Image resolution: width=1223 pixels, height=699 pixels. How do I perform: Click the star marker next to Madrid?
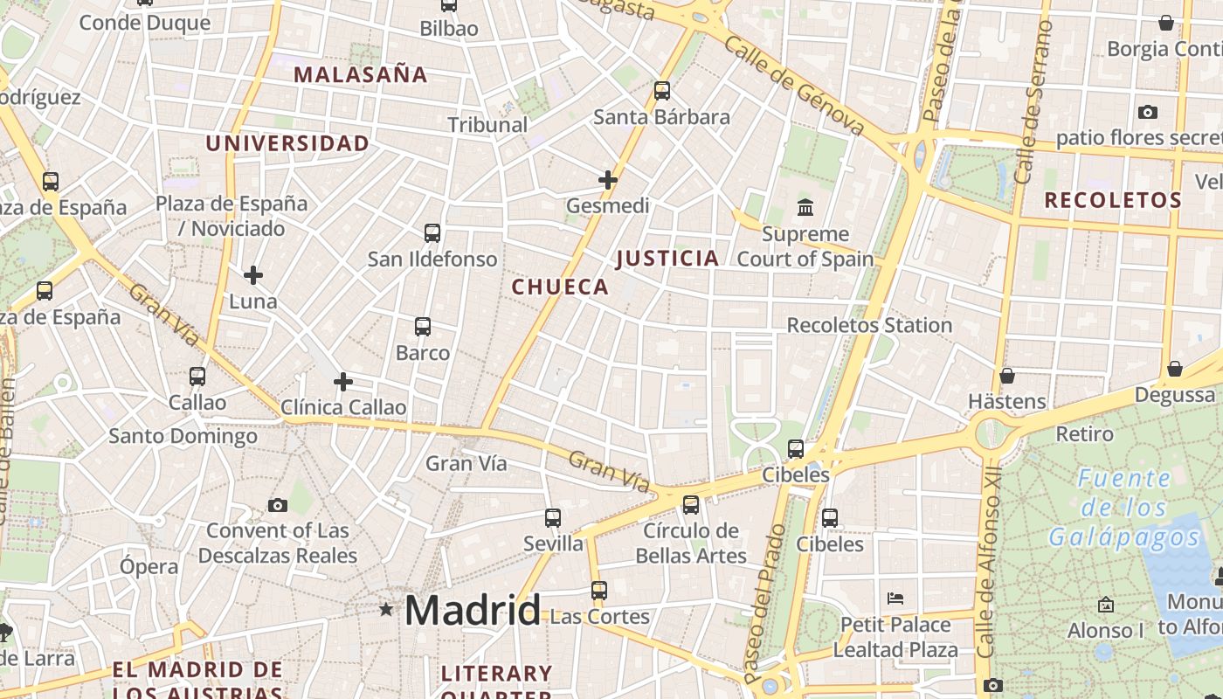pyautogui.click(x=385, y=609)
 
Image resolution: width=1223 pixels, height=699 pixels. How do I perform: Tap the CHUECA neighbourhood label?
pyautogui.click(x=560, y=287)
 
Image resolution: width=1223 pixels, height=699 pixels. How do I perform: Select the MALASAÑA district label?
pyautogui.click(x=361, y=74)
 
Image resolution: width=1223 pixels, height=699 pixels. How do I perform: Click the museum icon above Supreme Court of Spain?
pyautogui.click(x=805, y=208)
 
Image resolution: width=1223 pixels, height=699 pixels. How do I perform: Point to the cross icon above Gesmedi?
pyautogui.click(x=608, y=180)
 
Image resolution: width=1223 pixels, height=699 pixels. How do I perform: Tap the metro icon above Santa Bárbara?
pyautogui.click(x=662, y=90)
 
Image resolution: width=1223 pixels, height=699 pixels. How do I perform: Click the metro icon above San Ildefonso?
pyautogui.click(x=432, y=233)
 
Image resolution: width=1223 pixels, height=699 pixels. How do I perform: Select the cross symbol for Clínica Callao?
pyautogui.click(x=343, y=382)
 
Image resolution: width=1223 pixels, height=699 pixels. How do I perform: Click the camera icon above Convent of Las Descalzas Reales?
pyautogui.click(x=278, y=505)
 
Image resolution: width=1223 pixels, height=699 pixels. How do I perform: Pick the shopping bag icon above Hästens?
pyautogui.click(x=1007, y=376)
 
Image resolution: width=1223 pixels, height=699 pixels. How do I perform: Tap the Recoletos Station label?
pyautogui.click(x=869, y=325)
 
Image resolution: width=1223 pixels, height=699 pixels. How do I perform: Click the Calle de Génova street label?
pyautogui.click(x=794, y=88)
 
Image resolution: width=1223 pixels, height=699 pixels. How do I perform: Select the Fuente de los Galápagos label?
pyautogui.click(x=1124, y=508)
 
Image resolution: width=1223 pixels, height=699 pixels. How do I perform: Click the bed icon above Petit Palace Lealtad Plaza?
pyautogui.click(x=895, y=599)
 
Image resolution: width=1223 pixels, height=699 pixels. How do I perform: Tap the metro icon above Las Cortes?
pyautogui.click(x=598, y=591)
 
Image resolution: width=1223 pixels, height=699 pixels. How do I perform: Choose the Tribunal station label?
pyautogui.click(x=487, y=125)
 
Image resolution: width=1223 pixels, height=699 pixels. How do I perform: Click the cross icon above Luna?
pyautogui.click(x=253, y=275)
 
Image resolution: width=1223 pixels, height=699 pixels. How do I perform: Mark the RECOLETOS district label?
pyautogui.click(x=1113, y=200)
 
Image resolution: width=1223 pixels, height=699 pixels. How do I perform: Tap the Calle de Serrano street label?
pyautogui.click(x=1034, y=100)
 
